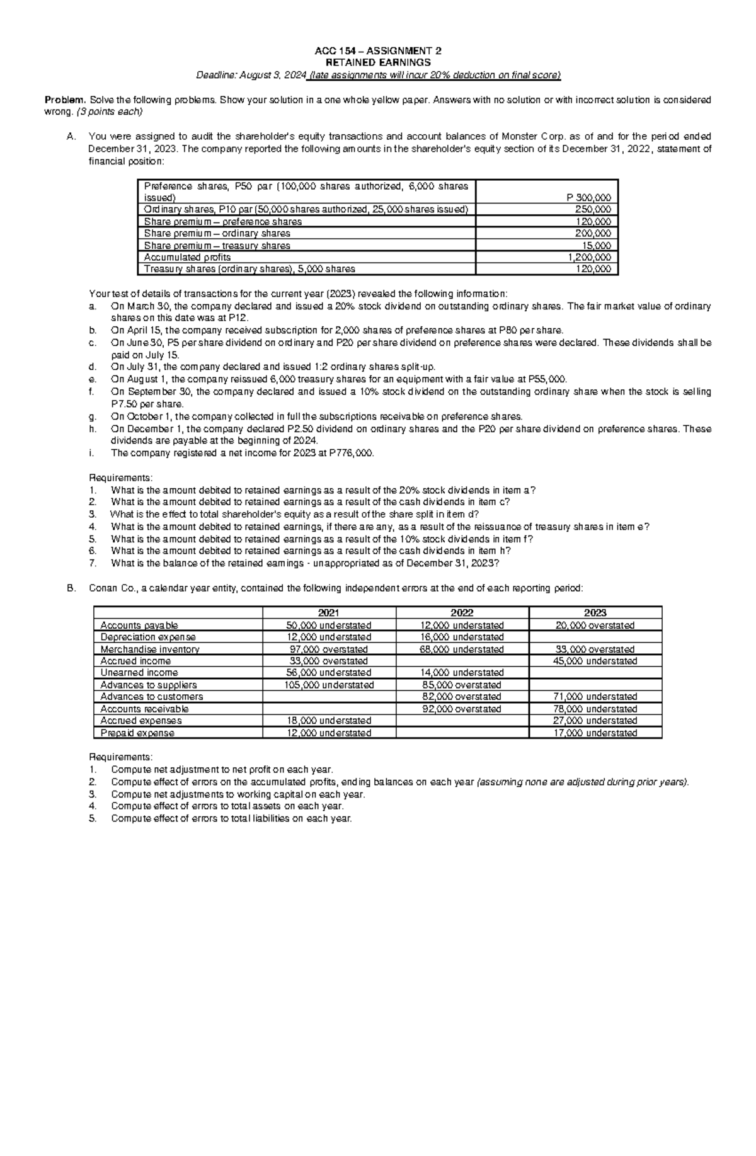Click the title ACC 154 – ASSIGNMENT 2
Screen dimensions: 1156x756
pos(377,51)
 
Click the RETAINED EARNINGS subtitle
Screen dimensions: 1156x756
pos(377,63)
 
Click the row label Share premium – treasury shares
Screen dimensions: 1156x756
pos(217,246)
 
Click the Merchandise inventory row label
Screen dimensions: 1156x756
pos(150,649)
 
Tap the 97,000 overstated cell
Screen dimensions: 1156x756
pos(328,649)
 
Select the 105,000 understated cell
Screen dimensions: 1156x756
pos(328,685)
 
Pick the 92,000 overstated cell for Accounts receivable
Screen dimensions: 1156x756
pos(462,709)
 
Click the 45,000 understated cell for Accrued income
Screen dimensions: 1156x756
pos(595,661)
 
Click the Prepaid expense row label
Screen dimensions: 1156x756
pos(137,733)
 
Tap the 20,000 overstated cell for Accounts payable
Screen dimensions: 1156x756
pos(595,626)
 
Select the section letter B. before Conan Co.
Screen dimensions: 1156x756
pos(71,588)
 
